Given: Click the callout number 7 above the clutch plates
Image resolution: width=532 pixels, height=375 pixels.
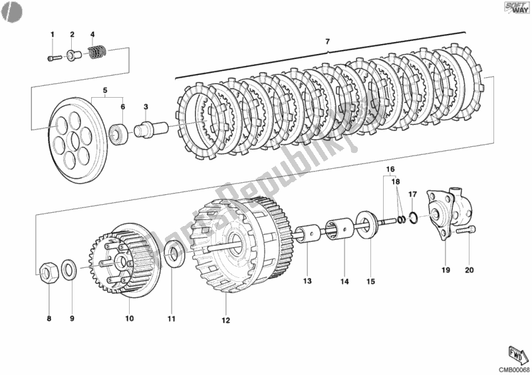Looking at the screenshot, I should (x=327, y=43).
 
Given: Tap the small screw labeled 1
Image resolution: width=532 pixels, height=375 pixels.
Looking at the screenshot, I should (x=54, y=59).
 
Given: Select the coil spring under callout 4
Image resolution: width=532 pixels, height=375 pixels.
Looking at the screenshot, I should (x=98, y=51).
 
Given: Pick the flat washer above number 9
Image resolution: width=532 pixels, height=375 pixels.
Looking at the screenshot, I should (x=68, y=270).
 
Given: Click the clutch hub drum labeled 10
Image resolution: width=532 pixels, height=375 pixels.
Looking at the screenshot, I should (x=121, y=259).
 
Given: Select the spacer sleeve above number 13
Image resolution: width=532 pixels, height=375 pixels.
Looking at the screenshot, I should (x=307, y=235).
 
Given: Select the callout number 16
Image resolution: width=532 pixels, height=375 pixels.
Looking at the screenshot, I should (x=390, y=170).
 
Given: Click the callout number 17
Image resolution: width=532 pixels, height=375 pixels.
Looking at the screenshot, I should (x=412, y=195).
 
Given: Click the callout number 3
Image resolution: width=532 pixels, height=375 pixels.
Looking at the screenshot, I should (x=146, y=106).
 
